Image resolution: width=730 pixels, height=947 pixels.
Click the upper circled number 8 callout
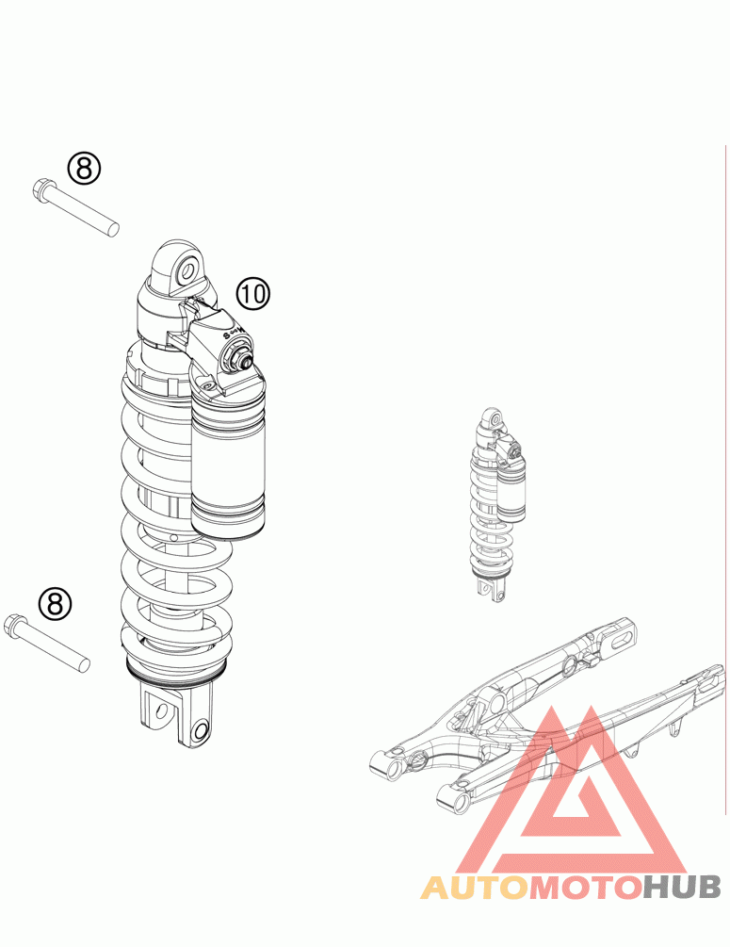pos(83,169)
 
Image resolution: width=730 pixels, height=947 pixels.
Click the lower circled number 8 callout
pos(55,603)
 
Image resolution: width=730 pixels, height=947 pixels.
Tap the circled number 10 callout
pos(253,294)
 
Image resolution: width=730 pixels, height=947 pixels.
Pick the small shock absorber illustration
pos(497,505)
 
